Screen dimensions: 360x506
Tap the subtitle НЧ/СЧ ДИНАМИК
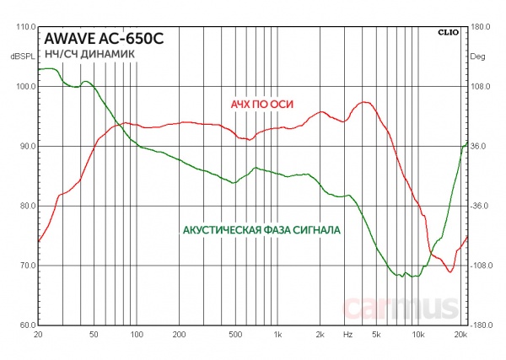(x=83, y=54)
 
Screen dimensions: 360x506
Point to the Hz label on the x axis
(x=347, y=335)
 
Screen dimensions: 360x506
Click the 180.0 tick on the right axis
(x=481, y=27)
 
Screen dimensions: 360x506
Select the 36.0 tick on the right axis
(x=479, y=147)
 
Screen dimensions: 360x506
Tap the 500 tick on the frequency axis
(x=235, y=335)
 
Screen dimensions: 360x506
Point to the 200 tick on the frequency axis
(x=179, y=335)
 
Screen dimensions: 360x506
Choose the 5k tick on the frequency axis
(x=375, y=335)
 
